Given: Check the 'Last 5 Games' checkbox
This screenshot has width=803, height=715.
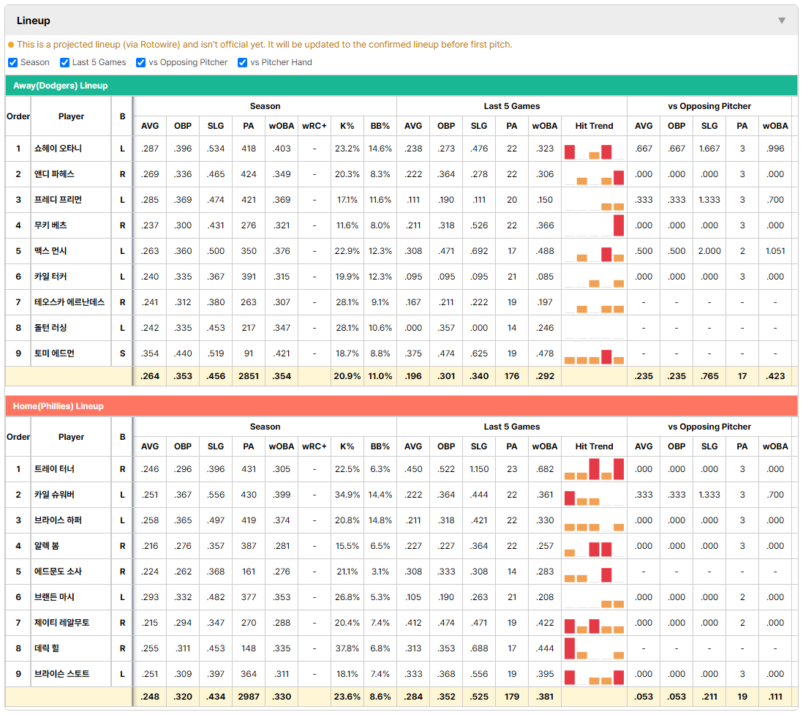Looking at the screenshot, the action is (x=64, y=62).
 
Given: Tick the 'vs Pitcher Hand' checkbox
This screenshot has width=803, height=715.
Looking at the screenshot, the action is (x=243, y=62).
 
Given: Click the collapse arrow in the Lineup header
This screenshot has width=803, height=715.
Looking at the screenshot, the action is (x=782, y=20).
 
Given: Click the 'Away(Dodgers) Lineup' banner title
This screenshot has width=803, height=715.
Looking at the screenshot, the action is (x=61, y=86).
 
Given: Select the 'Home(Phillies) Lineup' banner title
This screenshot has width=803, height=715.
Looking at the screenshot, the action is (x=59, y=406).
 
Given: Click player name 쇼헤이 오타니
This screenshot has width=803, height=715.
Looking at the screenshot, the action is (x=58, y=149).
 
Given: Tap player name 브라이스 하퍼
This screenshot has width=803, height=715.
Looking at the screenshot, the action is (x=58, y=520).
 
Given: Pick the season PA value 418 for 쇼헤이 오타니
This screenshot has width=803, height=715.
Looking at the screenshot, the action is (x=249, y=149).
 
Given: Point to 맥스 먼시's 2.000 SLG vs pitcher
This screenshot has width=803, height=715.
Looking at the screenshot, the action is (x=709, y=251).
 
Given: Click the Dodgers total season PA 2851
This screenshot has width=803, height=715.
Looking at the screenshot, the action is (x=249, y=376).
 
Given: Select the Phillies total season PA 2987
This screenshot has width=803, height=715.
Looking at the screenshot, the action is (x=249, y=697).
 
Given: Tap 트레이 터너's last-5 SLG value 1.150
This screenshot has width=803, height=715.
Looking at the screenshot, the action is (x=479, y=469).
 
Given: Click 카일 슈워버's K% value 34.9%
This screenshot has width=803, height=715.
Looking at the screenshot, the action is (x=347, y=495).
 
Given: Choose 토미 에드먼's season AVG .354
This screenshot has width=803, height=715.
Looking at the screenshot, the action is (x=150, y=353).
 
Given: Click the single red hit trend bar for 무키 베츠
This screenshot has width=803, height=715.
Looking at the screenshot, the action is (x=619, y=225).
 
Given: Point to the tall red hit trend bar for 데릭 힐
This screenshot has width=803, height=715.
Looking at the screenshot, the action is (x=570, y=648).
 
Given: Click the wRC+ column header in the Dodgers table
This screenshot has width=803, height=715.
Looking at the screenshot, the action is (x=314, y=126).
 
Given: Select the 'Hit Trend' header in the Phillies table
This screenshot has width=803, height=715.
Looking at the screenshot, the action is (x=594, y=446).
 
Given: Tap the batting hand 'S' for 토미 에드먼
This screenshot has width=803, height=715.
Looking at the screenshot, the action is (x=122, y=353).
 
